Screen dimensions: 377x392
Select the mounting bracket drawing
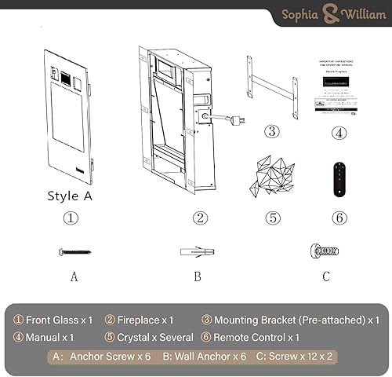point(271,87)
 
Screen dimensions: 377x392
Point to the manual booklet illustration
point(338,86)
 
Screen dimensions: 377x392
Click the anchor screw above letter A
point(74,251)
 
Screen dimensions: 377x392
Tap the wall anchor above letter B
point(197,252)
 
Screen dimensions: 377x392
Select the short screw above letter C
point(324,251)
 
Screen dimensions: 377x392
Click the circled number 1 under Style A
point(71,218)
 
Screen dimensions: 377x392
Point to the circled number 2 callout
point(201,218)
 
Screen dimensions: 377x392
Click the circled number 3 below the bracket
point(271,132)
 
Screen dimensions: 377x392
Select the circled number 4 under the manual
point(339,132)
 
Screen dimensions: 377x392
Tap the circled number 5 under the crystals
point(272,218)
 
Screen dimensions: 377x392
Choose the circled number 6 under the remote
point(339,218)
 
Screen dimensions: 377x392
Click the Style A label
point(70,196)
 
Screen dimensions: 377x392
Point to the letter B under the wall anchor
point(198,276)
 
